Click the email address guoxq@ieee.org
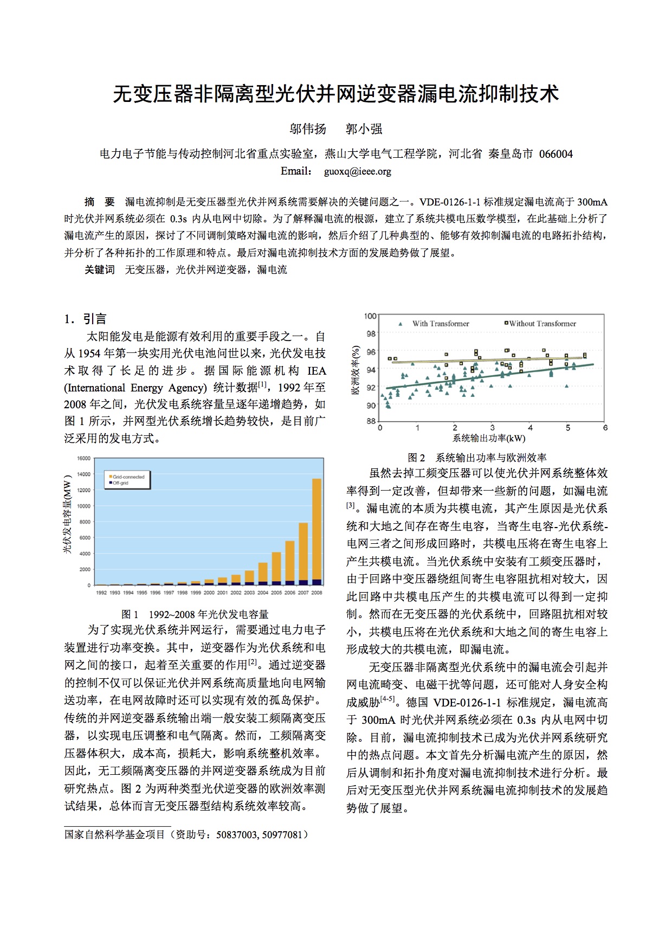coord(357,172)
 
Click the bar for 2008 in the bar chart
coord(316,531)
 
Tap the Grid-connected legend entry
coord(128,477)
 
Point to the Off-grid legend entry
coord(120,483)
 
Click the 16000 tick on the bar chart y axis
coord(83,459)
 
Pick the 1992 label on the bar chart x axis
coord(101,593)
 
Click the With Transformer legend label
coord(440,324)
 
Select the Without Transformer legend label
coord(542,324)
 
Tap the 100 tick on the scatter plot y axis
coord(370,316)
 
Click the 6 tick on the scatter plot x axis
coord(605,428)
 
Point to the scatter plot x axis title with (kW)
coord(489,438)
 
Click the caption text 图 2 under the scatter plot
coord(416,458)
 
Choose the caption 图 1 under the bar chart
coord(130,614)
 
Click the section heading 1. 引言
coord(86,319)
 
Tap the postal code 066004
coord(555,154)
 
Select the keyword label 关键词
coord(100,269)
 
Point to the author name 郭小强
coord(364,129)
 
